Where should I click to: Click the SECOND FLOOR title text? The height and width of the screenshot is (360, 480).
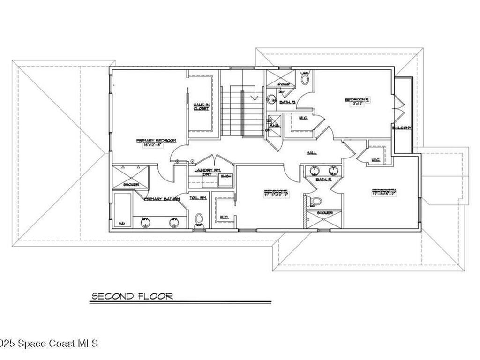coord(132,296)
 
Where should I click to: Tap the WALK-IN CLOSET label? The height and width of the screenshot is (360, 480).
coord(201,106)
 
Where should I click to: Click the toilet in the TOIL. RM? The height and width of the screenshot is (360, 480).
coord(199,219)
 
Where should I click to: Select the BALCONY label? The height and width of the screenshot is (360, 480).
coord(402,127)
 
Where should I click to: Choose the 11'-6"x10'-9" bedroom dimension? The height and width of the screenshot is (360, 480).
coord(276,195)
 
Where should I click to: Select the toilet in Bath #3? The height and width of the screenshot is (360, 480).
coord(305,78)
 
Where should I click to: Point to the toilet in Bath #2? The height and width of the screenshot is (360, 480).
coord(316,202)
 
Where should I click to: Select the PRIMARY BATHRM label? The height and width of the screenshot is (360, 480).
coord(162,199)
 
